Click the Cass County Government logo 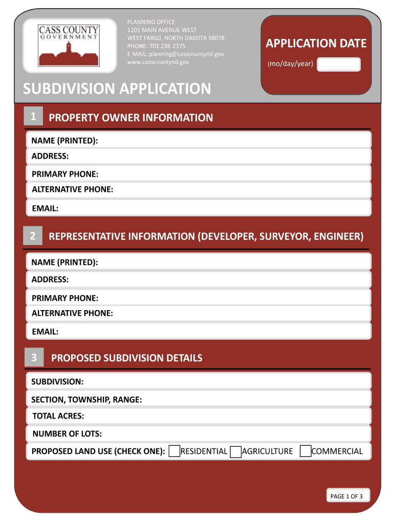(x=69, y=47)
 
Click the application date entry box (x=339, y=64)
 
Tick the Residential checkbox (x=174, y=451)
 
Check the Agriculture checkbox (x=235, y=451)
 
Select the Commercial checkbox (x=305, y=451)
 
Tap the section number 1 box (x=33, y=117)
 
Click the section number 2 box (x=33, y=236)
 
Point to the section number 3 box (x=34, y=358)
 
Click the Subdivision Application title (x=117, y=89)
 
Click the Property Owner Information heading (x=130, y=118)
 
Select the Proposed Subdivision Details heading (x=126, y=358)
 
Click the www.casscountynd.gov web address (x=158, y=62)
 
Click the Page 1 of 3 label (x=346, y=496)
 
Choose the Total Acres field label (x=58, y=416)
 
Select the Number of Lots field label (x=67, y=434)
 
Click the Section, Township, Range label (x=86, y=400)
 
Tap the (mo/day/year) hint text (x=290, y=64)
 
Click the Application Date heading (x=316, y=43)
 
